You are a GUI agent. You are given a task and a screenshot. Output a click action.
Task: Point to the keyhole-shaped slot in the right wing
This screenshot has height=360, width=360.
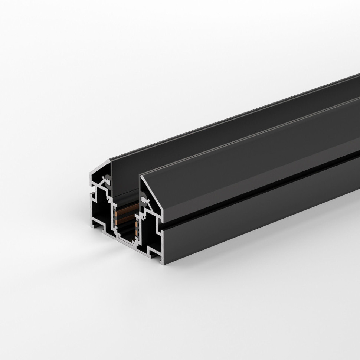tap(143, 201)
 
